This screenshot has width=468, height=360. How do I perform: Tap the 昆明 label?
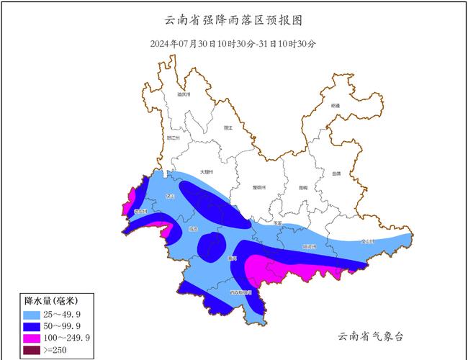tap(303, 187)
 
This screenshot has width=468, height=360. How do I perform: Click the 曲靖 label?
tap(337, 174)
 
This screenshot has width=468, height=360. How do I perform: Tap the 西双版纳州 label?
tap(240, 293)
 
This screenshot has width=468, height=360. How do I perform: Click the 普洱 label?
tap(231, 257)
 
